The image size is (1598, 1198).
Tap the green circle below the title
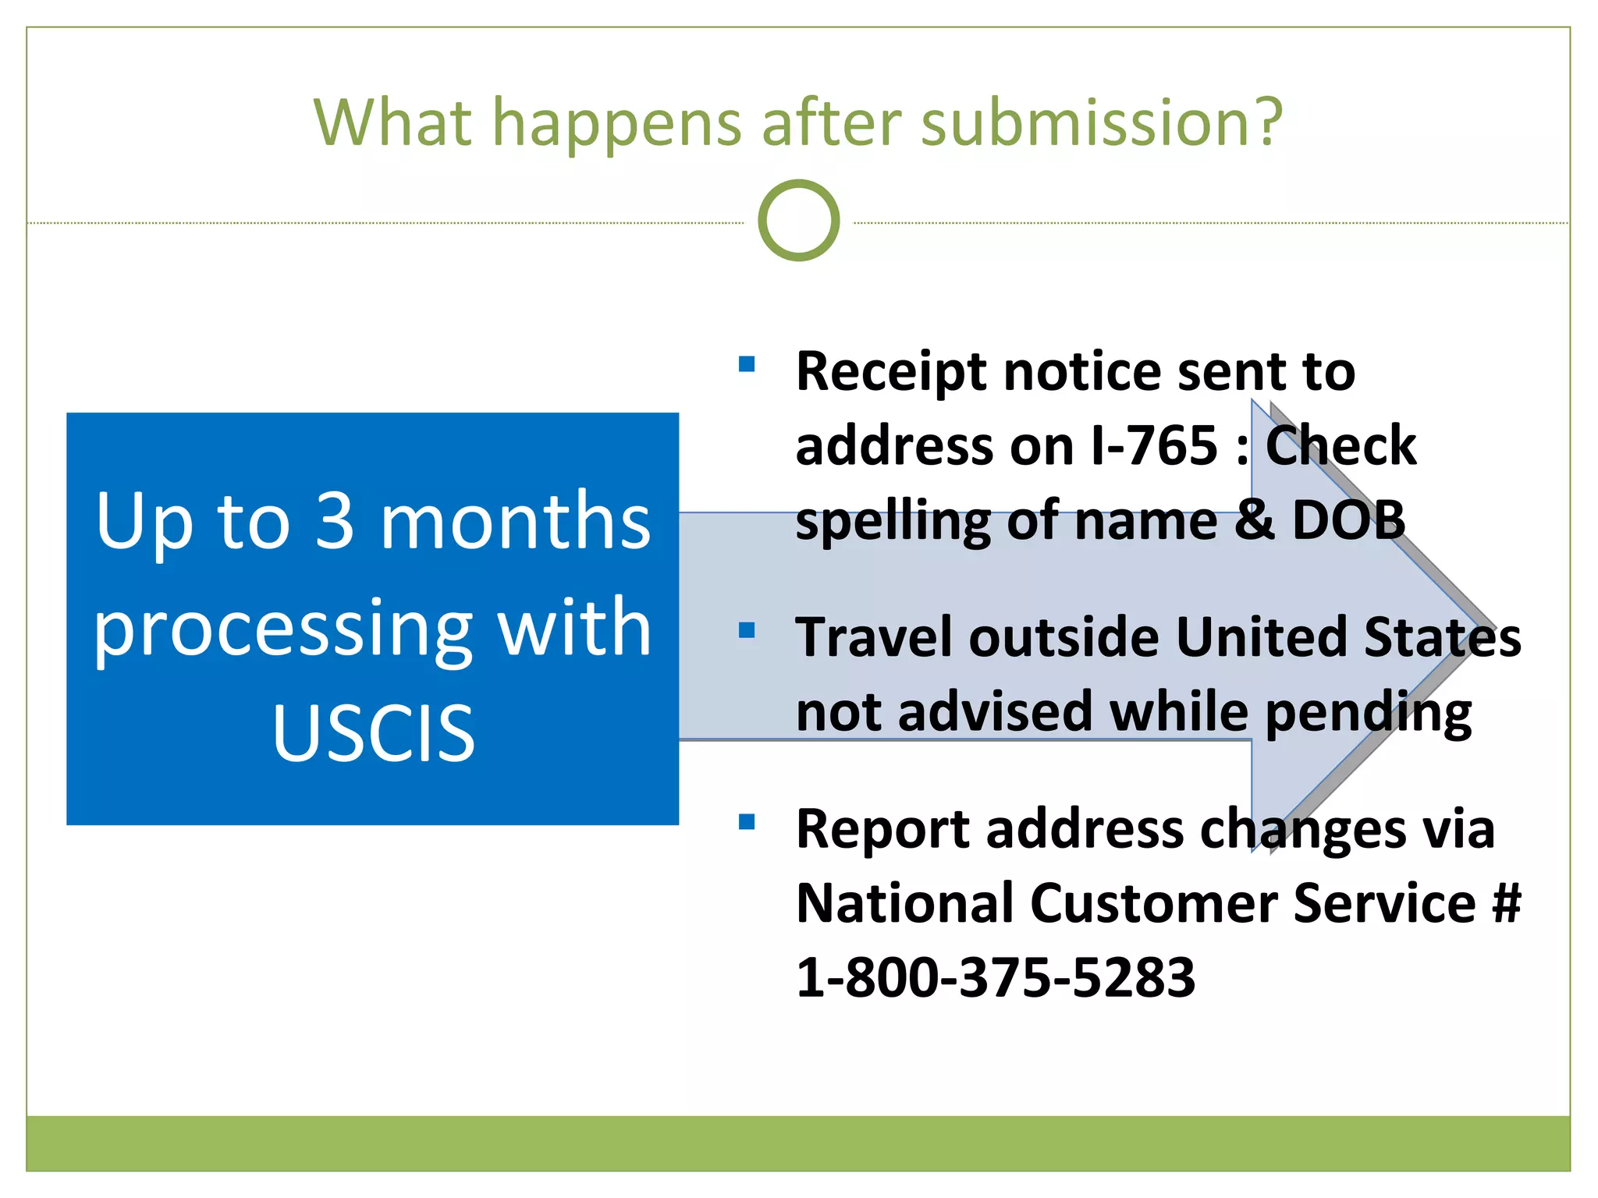(x=798, y=221)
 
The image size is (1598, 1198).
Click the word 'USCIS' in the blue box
(x=373, y=732)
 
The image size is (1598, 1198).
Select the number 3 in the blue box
(x=334, y=521)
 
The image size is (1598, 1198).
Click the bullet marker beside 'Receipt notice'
(x=747, y=364)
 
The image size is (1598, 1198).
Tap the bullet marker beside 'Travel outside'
(x=747, y=630)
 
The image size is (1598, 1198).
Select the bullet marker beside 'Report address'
(x=747, y=821)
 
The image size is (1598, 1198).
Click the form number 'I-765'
(x=1154, y=446)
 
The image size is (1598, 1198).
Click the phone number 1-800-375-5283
(x=995, y=977)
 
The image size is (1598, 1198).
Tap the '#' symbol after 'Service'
(x=1506, y=903)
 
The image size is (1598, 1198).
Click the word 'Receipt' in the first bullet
(x=892, y=372)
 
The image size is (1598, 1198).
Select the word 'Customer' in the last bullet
(x=1154, y=903)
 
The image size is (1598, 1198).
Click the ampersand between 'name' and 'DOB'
(x=1253, y=520)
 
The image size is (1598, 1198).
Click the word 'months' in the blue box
(x=515, y=521)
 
